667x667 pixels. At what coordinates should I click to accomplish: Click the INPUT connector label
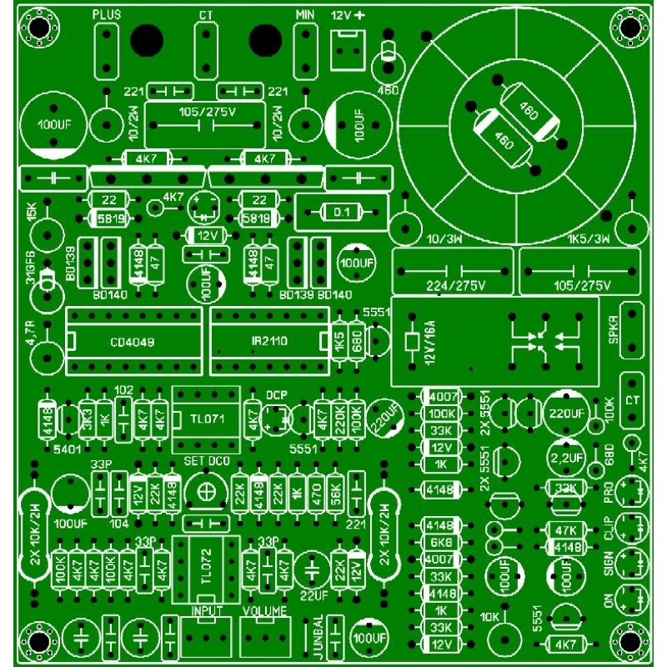click(x=206, y=611)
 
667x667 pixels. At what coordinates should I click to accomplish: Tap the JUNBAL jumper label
click(x=318, y=637)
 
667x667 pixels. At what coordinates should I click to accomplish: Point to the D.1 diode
click(x=342, y=213)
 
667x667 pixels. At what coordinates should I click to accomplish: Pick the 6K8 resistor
click(x=439, y=542)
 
